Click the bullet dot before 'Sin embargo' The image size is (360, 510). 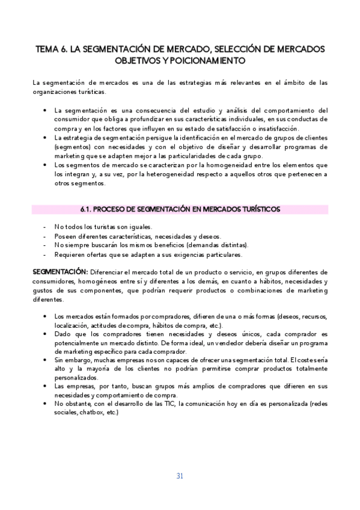(x=46, y=359)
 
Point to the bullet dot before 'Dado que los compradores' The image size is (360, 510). (x=46, y=333)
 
